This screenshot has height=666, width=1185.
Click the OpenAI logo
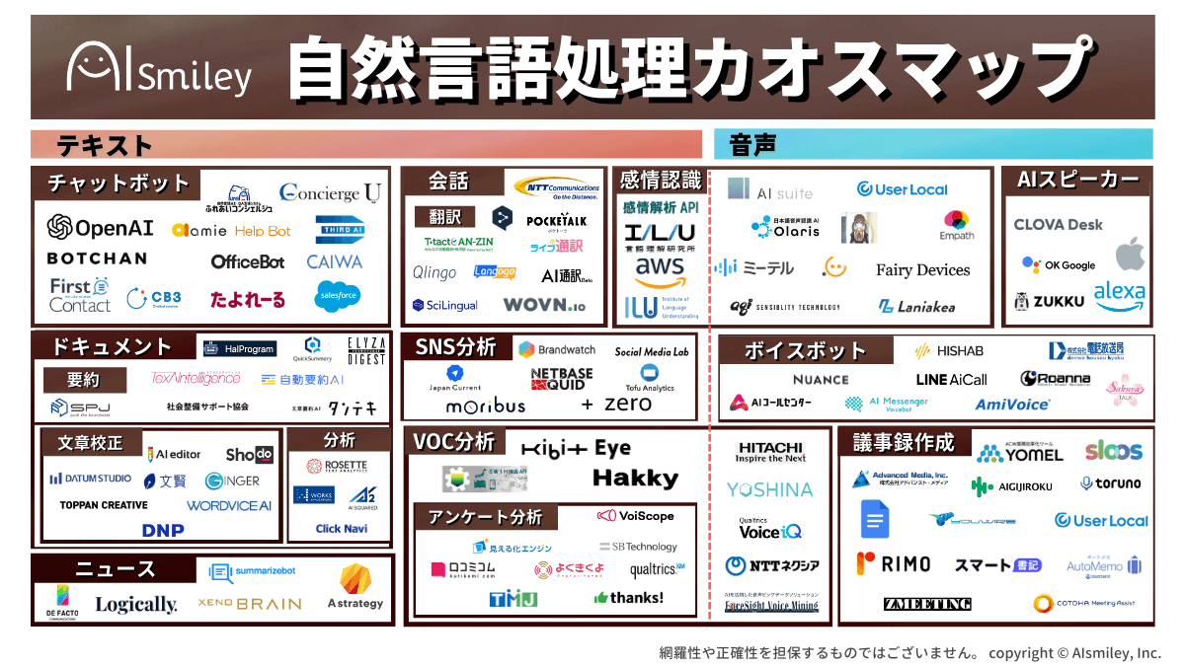101,227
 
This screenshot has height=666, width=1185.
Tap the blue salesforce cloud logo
338,295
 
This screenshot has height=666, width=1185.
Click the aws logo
660,267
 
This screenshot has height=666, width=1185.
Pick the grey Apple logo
1131,254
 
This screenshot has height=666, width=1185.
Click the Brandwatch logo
556,349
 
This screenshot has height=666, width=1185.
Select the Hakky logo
635,479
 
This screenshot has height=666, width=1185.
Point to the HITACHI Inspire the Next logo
770,452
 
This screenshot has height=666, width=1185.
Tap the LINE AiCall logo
951,379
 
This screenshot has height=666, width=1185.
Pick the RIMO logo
893,564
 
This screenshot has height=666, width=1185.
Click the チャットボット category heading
118,184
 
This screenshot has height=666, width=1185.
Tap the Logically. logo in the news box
136,604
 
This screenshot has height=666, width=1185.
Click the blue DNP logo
163,530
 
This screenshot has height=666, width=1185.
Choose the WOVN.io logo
544,305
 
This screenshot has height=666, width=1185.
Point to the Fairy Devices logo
922,269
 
